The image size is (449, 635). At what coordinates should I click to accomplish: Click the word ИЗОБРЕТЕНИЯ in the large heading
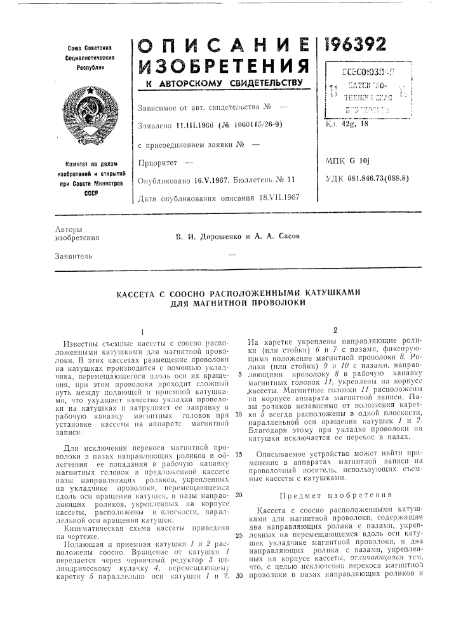[222, 63]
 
